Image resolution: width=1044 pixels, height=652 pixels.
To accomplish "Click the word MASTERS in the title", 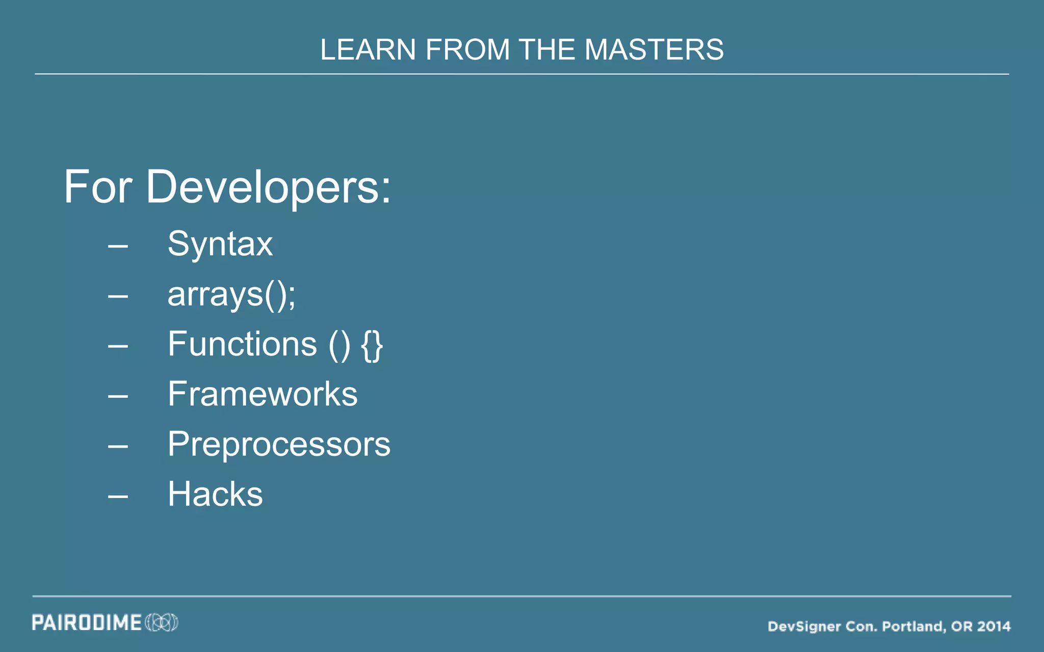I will click(x=654, y=50).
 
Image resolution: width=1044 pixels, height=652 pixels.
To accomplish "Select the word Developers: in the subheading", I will click(x=268, y=187).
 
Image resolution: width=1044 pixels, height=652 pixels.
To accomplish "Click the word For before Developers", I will click(x=98, y=187).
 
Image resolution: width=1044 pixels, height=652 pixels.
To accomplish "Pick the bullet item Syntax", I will click(x=220, y=244).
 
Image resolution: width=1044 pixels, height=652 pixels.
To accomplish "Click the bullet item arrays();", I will click(x=231, y=294).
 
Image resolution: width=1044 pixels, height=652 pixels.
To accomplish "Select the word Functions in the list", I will click(x=243, y=344).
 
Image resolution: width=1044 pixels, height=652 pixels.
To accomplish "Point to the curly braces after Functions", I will click(x=372, y=345).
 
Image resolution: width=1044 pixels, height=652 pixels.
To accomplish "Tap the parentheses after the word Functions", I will click(x=340, y=345).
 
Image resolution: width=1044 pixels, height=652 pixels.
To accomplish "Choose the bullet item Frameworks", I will click(x=263, y=394).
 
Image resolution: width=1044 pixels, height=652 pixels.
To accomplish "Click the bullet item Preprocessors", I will click(x=279, y=444).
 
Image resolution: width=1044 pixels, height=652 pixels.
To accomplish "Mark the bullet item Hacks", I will click(x=215, y=494).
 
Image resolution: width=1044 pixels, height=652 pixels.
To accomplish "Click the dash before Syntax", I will click(x=118, y=247).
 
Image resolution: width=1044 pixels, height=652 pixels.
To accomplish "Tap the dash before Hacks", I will click(x=118, y=496).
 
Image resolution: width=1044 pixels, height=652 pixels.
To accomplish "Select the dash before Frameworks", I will click(x=118, y=396).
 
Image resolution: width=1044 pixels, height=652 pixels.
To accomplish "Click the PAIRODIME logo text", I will click(x=87, y=622).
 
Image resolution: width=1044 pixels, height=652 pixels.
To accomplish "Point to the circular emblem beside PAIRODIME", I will click(x=162, y=622).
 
